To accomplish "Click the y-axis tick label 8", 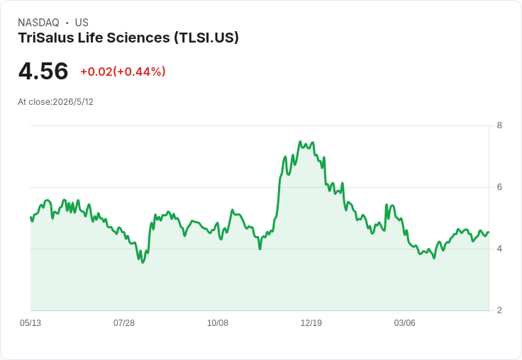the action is (x=499, y=125).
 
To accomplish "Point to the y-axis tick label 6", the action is (x=499, y=187).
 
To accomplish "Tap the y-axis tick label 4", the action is (x=499, y=249).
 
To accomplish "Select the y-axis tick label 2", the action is (x=499, y=310).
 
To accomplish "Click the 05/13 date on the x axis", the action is (x=30, y=322).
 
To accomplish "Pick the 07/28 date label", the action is (x=124, y=322).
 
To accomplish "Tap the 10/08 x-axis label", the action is (x=218, y=322).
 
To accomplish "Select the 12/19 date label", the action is (x=311, y=322).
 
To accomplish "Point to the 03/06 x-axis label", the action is (x=404, y=322).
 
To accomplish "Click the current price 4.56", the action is (x=43, y=72).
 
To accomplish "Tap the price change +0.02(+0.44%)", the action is (x=123, y=72).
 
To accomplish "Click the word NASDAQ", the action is (x=38, y=23).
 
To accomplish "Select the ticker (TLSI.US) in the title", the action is (x=206, y=38).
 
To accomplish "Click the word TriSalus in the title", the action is (x=46, y=38).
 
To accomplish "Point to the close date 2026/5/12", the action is (x=73, y=102).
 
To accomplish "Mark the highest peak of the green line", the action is (x=300, y=142).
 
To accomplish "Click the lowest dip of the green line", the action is (x=143, y=262).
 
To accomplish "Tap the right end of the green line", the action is (x=489, y=232).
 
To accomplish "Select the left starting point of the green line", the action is (x=30, y=218).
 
